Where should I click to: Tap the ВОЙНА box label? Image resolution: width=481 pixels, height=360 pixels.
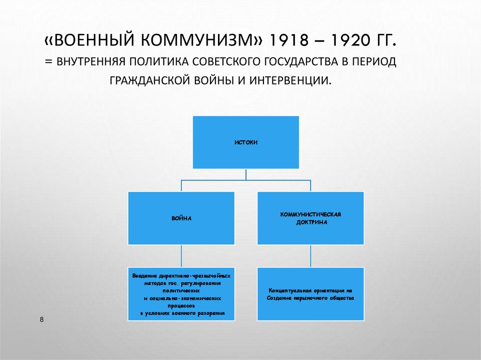[181, 219]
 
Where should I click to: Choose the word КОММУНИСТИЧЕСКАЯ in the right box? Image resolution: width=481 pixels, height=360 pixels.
[310, 214]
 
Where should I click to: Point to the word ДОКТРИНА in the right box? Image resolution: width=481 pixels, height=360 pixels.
[310, 222]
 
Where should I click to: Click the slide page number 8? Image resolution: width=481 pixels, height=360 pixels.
[42, 320]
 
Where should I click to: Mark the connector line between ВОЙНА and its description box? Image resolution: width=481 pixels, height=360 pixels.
[181, 256]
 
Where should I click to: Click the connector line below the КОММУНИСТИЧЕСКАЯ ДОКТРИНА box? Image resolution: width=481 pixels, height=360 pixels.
[310, 256]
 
